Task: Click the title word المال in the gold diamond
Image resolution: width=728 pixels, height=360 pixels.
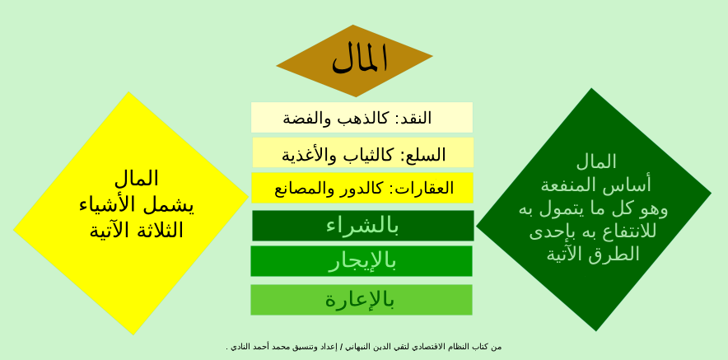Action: [x=359, y=58]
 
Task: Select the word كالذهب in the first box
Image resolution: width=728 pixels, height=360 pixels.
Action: [x=361, y=118]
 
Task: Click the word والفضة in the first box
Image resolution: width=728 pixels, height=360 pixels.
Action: [x=306, y=118]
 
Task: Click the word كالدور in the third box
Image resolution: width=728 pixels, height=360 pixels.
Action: [x=361, y=189]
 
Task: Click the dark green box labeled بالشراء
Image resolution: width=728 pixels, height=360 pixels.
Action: [x=362, y=226]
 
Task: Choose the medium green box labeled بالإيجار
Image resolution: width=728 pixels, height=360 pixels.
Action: [x=362, y=261]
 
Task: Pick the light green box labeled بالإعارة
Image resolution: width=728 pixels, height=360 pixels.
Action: [x=361, y=300]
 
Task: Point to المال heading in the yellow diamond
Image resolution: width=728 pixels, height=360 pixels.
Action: [x=137, y=178]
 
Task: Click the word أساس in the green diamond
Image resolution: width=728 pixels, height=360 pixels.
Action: [x=632, y=185]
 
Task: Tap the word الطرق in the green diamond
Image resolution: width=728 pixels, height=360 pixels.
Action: [x=616, y=254]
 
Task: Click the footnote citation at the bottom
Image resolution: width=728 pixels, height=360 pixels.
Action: [x=363, y=347]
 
